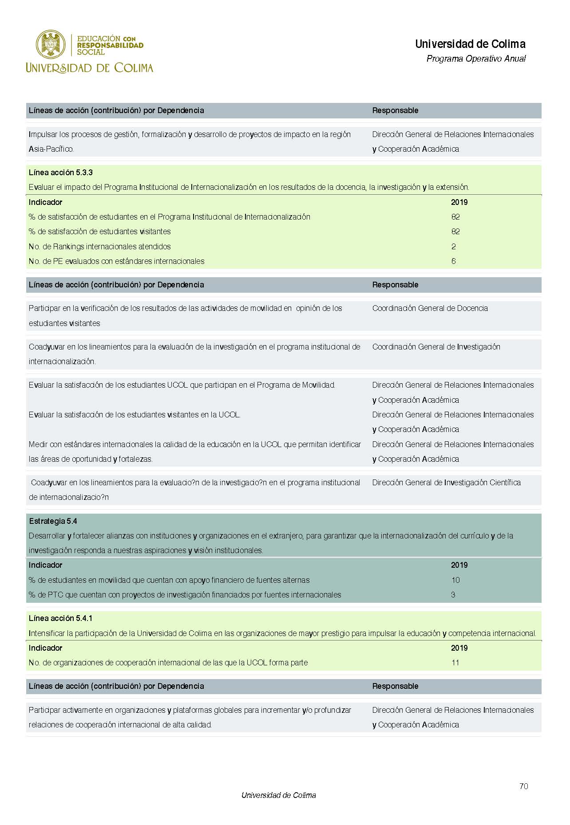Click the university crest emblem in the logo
pyautogui.click(x=51, y=45)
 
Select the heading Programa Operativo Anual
pyautogui.click(x=476, y=59)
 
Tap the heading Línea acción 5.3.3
pyautogui.click(x=60, y=173)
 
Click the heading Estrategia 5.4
pyautogui.click(x=53, y=521)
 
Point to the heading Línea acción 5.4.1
pyautogui.click(x=60, y=618)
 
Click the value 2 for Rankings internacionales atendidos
pyautogui.click(x=453, y=247)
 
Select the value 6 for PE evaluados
pyautogui.click(x=453, y=261)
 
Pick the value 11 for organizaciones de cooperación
pyautogui.click(x=455, y=663)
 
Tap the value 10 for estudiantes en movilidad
pyautogui.click(x=455, y=580)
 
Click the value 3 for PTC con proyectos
pyautogui.click(x=453, y=595)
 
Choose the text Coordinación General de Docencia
pyautogui.click(x=430, y=308)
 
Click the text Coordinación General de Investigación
pyautogui.click(x=436, y=347)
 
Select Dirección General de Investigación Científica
pyautogui.click(x=446, y=483)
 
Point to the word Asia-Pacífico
pyautogui.click(x=51, y=149)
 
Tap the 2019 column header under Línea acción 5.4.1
pyautogui.click(x=459, y=648)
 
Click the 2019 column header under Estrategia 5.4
pyautogui.click(x=459, y=565)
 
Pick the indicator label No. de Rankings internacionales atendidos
pyautogui.click(x=99, y=247)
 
